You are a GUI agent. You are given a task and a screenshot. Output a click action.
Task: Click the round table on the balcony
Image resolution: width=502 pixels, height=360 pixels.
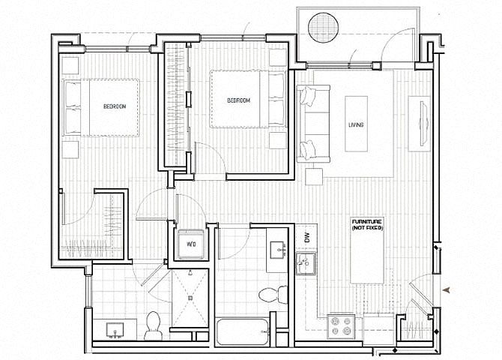click(323, 27)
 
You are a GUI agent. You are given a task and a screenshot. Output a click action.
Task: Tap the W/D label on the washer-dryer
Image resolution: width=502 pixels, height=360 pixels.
click(191, 244)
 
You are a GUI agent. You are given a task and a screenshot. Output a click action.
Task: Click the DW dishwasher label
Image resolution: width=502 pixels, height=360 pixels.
click(307, 238)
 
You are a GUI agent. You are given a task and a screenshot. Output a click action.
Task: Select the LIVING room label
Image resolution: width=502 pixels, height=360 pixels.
click(356, 124)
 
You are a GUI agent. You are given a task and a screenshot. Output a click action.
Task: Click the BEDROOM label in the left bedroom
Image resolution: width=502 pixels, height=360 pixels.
click(115, 106)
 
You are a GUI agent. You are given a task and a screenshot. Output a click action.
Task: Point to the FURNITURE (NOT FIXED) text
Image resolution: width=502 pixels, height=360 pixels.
click(367, 225)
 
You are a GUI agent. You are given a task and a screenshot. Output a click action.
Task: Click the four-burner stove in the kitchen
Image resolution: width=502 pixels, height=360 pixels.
click(341, 326)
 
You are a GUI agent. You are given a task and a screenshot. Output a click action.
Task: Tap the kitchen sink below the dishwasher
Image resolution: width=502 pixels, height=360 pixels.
click(306, 263)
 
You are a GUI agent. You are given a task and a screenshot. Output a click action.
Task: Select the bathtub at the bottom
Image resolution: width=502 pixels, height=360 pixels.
click(242, 331)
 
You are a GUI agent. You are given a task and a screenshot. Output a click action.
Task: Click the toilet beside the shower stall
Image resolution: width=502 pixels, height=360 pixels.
click(153, 325)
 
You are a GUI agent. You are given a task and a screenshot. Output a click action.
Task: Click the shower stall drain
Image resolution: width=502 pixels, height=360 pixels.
click(190, 298)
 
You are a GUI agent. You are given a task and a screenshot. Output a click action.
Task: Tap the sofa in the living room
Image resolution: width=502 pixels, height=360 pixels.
click(313, 124)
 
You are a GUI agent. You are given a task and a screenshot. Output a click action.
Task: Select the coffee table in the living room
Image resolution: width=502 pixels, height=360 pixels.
click(356, 124)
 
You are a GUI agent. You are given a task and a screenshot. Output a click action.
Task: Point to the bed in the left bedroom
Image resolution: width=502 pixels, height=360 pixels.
click(102, 108)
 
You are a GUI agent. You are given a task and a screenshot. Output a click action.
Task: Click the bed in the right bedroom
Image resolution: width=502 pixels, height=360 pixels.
click(247, 99)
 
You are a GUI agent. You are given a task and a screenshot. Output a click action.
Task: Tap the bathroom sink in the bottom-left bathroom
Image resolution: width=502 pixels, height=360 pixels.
click(115, 330)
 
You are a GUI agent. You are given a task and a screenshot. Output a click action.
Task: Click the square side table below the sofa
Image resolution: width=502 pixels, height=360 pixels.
click(314, 177)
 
